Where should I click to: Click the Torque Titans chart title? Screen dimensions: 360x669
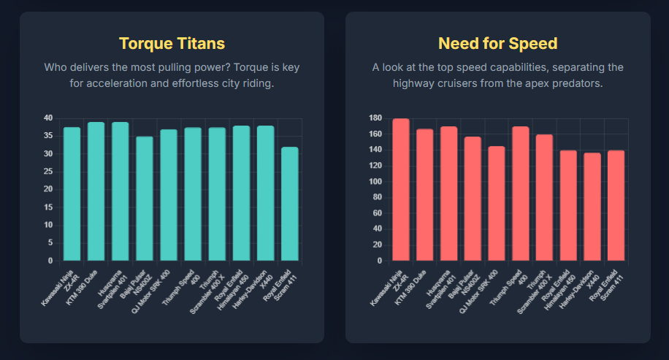point(172,43)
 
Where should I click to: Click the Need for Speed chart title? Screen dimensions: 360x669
point(497,43)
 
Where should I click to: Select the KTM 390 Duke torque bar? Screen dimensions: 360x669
point(96,191)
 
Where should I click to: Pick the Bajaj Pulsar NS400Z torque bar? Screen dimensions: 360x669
point(145,199)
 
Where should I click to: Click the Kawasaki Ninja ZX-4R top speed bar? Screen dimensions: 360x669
point(401,190)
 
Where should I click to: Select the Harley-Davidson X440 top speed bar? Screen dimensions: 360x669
point(592,207)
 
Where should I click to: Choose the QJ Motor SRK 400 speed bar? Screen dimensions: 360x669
point(497,203)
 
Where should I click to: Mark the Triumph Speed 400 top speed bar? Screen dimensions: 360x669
point(521,194)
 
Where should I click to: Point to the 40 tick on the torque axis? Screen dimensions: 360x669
point(47,118)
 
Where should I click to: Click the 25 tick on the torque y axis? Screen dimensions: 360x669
point(47,172)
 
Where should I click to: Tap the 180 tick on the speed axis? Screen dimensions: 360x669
point(376,118)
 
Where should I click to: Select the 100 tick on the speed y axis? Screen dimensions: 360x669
point(376,182)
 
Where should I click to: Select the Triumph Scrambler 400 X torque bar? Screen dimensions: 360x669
point(217,194)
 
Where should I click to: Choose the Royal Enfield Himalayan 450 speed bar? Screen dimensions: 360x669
point(568,205)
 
